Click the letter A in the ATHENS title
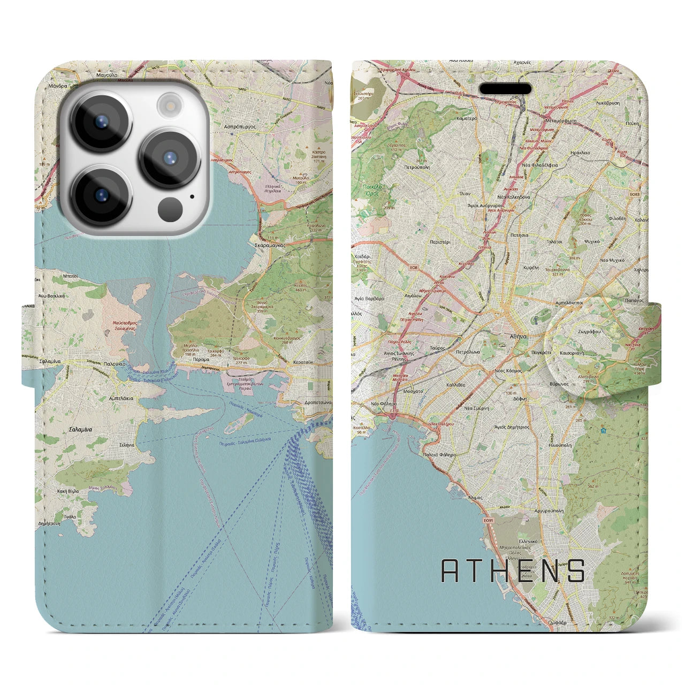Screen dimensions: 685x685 pyautogui.click(x=451, y=571)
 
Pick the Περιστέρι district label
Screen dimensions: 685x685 pyautogui.click(x=440, y=242)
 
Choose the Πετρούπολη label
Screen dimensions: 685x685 pyautogui.click(x=417, y=166)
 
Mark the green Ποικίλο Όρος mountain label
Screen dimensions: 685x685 pyautogui.click(x=370, y=189)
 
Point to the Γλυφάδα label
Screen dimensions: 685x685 pyautogui.click(x=557, y=622)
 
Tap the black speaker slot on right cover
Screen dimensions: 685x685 pyautogui.click(x=505, y=88)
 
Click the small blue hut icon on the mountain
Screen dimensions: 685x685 pyautogui.click(x=603, y=430)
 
